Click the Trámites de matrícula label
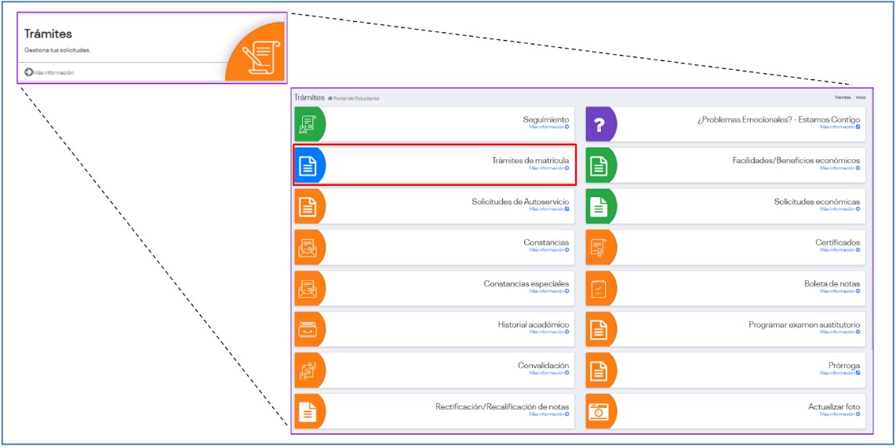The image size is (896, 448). tap(530, 160)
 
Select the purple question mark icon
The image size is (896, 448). tap(599, 125)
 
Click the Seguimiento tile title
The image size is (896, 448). tap(546, 119)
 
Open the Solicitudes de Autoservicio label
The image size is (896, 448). tap(520, 202)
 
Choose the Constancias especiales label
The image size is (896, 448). tap(526, 283)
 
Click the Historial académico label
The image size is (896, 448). tap(534, 324)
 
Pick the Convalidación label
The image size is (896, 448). tap(543, 366)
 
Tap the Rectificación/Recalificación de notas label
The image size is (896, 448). tap(502, 406)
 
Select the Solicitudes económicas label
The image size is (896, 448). tap(817, 202)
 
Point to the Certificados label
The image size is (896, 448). tap(837, 242)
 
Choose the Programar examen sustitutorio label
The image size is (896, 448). tap(804, 324)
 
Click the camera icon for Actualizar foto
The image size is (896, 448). tap(599, 412)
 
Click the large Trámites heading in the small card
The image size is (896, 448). tap(48, 34)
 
